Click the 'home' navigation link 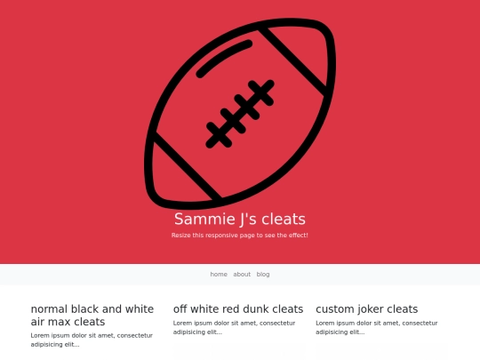coord(219,275)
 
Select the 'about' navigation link coord(242,275)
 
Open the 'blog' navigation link coord(263,275)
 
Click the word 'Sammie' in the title coord(204,219)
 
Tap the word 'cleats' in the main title coord(284,219)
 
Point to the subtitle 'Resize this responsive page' coord(213,236)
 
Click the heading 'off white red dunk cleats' coord(238,309)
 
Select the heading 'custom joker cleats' coord(367,309)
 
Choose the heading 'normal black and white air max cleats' coord(92,316)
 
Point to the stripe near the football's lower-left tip coord(187,167)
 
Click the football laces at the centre coord(240,114)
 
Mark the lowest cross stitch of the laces coord(219,135)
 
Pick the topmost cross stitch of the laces coord(260,93)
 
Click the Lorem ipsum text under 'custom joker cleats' coord(377,327)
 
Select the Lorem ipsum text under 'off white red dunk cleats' coord(234,327)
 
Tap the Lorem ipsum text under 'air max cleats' coord(92,340)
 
